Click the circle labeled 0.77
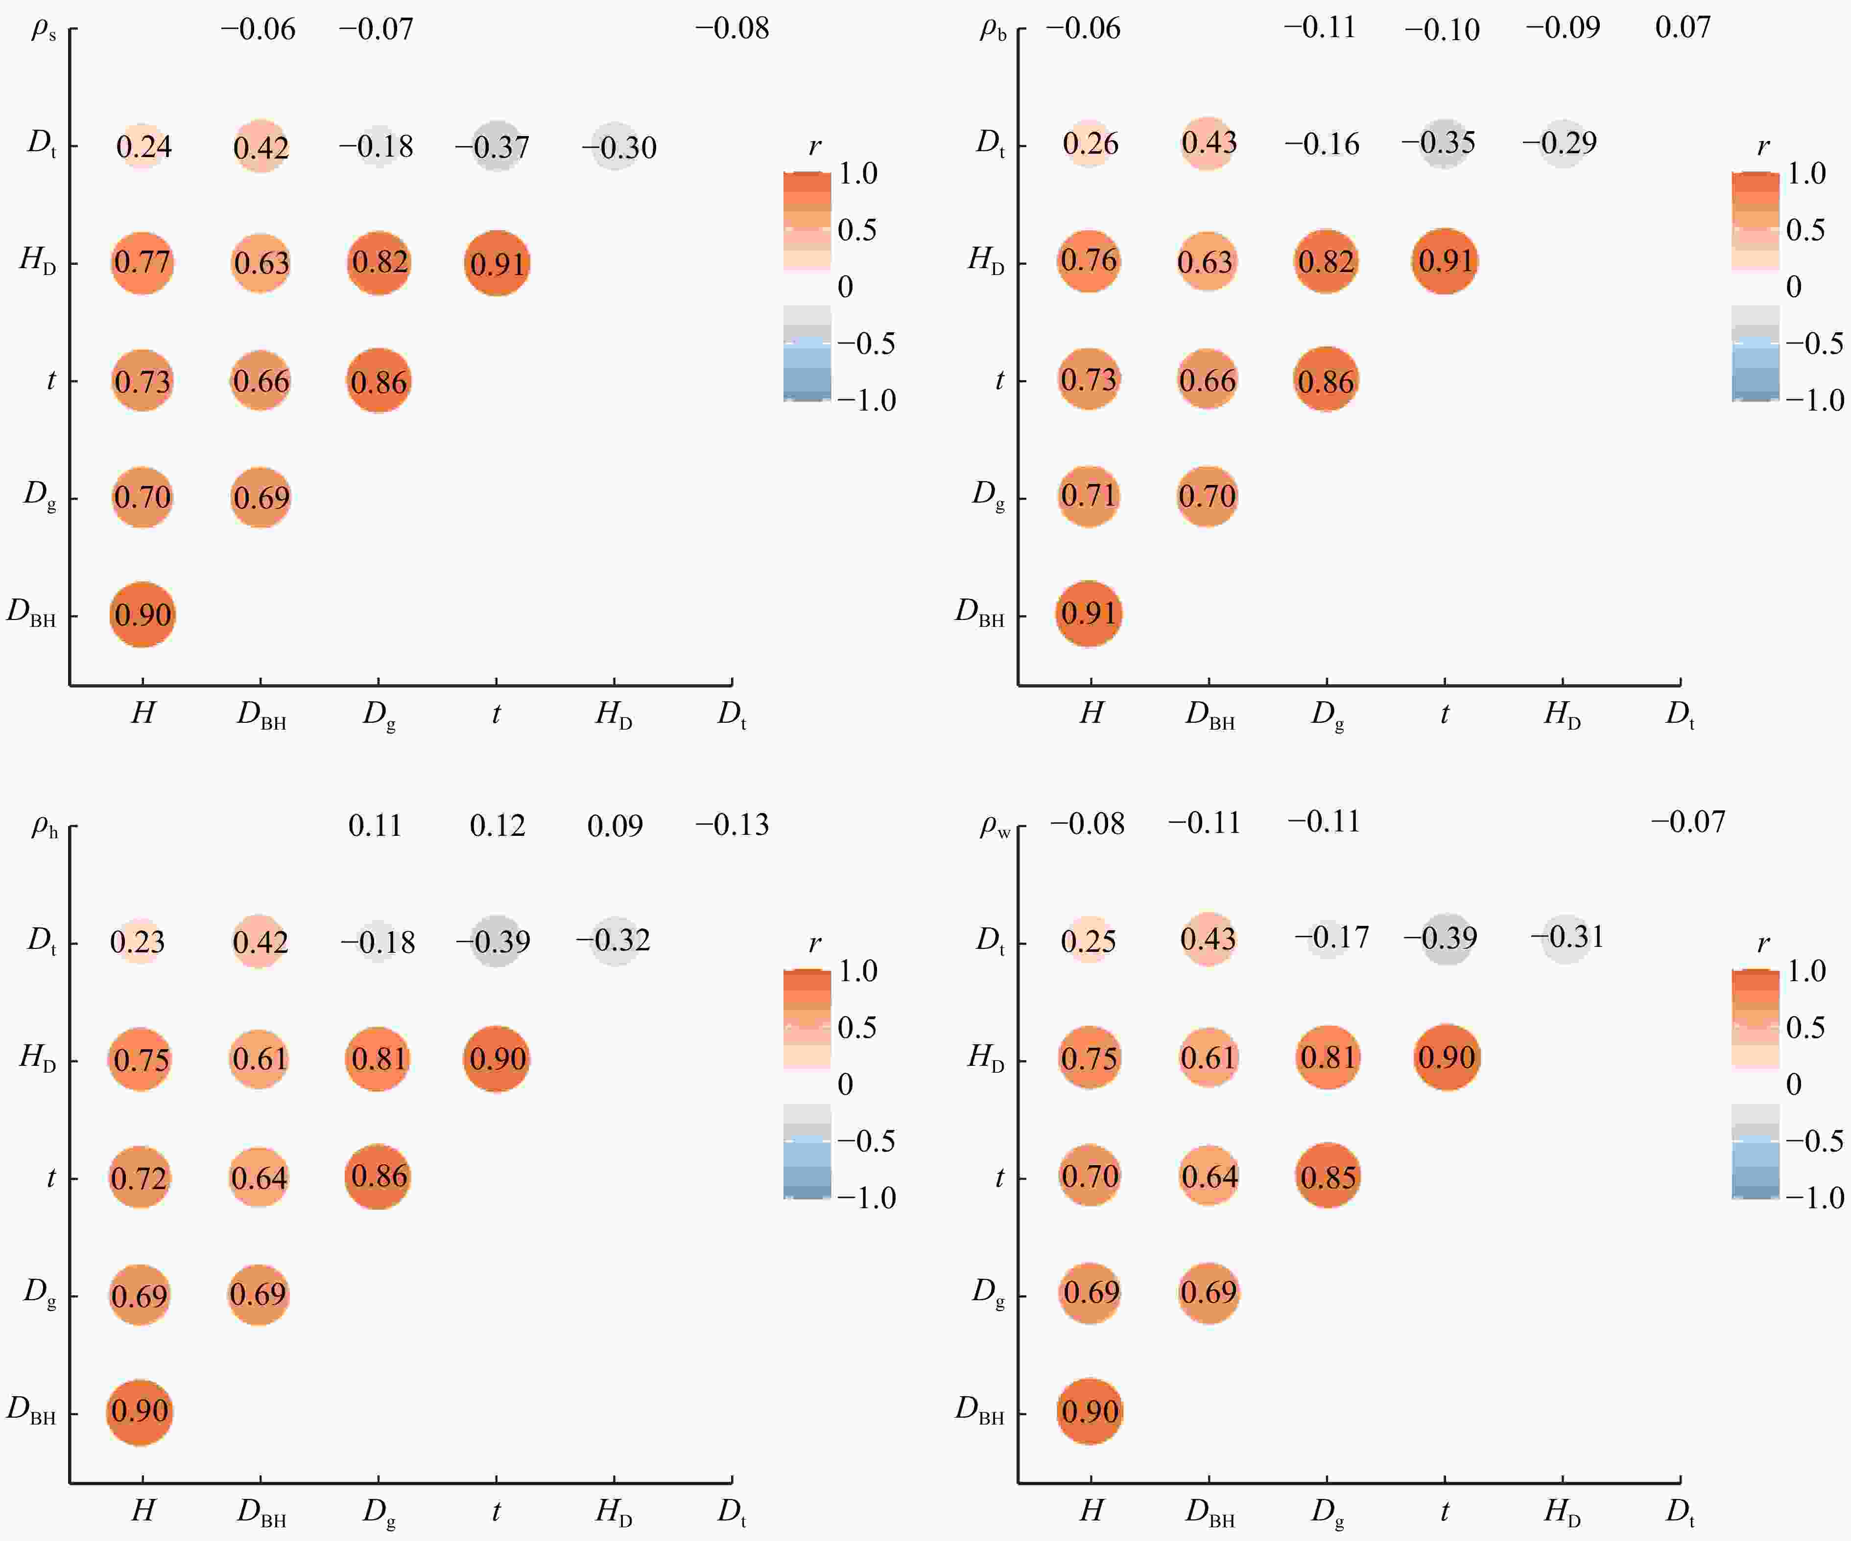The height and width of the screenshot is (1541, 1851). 142,263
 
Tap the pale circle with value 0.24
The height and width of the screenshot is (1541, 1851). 143,146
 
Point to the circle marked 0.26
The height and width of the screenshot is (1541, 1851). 1091,143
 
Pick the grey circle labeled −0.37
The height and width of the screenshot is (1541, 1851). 496,146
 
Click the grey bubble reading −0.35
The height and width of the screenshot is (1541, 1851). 1444,143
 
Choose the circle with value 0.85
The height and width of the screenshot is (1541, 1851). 1328,1176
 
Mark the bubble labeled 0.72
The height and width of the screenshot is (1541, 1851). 139,1178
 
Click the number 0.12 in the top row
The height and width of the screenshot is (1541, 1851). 497,826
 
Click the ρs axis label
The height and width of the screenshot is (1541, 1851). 43,29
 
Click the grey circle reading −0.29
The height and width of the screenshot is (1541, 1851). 1562,143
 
